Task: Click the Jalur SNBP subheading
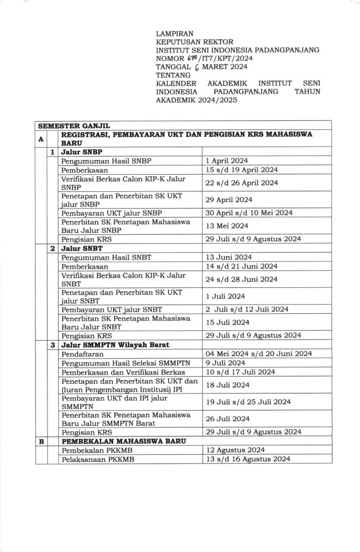pyautogui.click(x=82, y=152)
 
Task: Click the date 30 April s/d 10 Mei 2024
pyautogui.click(x=249, y=213)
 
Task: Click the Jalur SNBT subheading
pyautogui.click(x=82, y=248)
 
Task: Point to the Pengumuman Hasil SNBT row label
pyautogui.click(x=101, y=257)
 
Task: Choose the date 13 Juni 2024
pyautogui.click(x=225, y=257)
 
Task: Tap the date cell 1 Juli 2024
pyautogui.click(x=225, y=296)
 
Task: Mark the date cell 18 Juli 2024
pyautogui.click(x=225, y=385)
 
